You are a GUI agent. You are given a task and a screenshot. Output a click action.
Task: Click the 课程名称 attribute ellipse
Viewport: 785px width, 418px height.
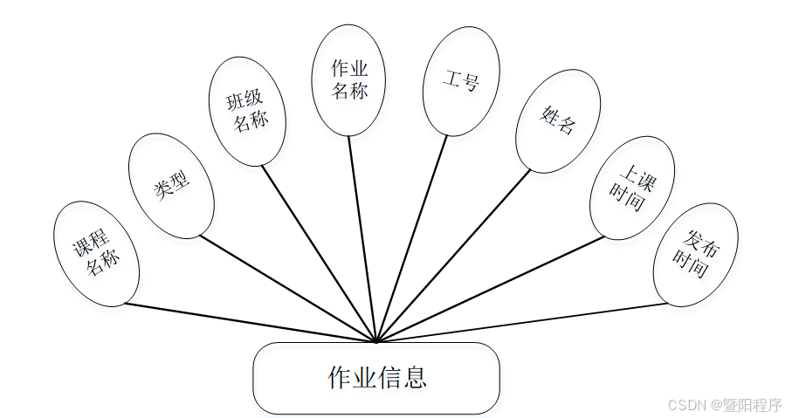(96, 254)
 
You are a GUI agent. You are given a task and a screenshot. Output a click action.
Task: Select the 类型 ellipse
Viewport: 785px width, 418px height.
(171, 186)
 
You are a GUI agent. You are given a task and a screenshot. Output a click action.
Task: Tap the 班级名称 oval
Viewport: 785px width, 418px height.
(247, 111)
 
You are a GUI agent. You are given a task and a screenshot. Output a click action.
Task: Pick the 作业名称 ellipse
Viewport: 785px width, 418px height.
(349, 80)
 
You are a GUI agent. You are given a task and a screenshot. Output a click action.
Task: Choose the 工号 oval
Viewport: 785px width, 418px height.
(461, 81)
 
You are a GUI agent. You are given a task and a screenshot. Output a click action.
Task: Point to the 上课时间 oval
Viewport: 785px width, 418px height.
(632, 187)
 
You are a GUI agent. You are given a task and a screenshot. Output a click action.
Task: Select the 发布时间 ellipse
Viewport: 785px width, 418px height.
(696, 254)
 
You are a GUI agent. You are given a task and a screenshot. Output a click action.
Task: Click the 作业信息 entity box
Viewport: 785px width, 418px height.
(376, 378)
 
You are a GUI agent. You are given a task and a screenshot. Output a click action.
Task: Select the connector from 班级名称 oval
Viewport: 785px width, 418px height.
(320, 253)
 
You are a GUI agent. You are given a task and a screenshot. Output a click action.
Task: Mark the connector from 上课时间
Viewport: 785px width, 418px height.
(489, 288)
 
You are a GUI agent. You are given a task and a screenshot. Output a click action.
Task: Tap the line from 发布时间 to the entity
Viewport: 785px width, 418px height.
(524, 322)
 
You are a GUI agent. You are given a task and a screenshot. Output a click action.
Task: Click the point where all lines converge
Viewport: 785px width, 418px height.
(376, 341)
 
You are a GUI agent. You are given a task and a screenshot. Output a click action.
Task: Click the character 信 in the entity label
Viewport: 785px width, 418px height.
(390, 378)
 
